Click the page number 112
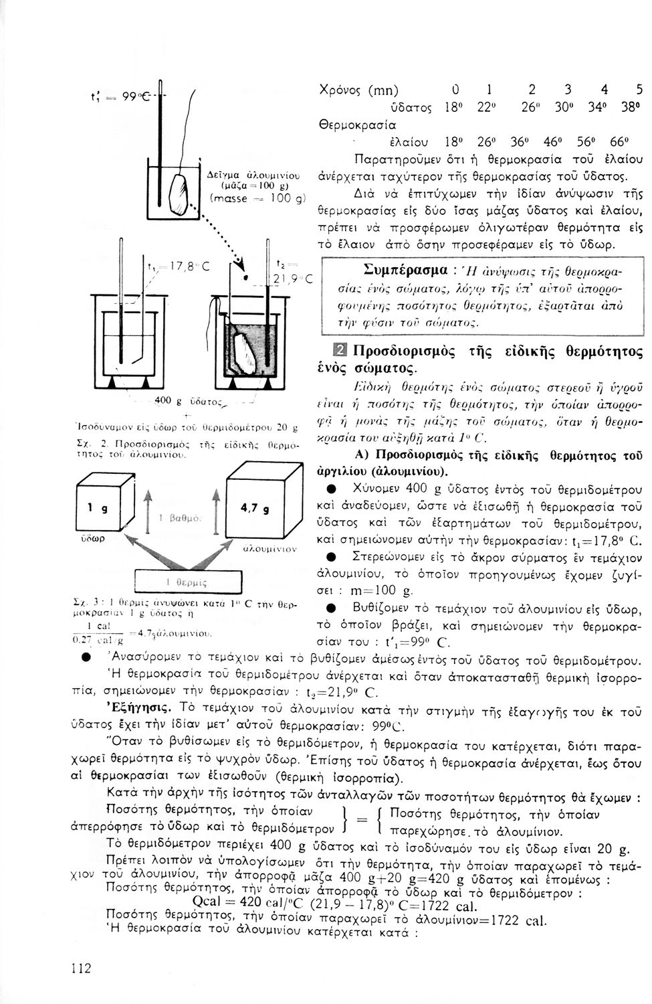tap(82, 969)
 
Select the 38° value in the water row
tap(629, 108)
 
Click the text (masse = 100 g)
tap(257, 199)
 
